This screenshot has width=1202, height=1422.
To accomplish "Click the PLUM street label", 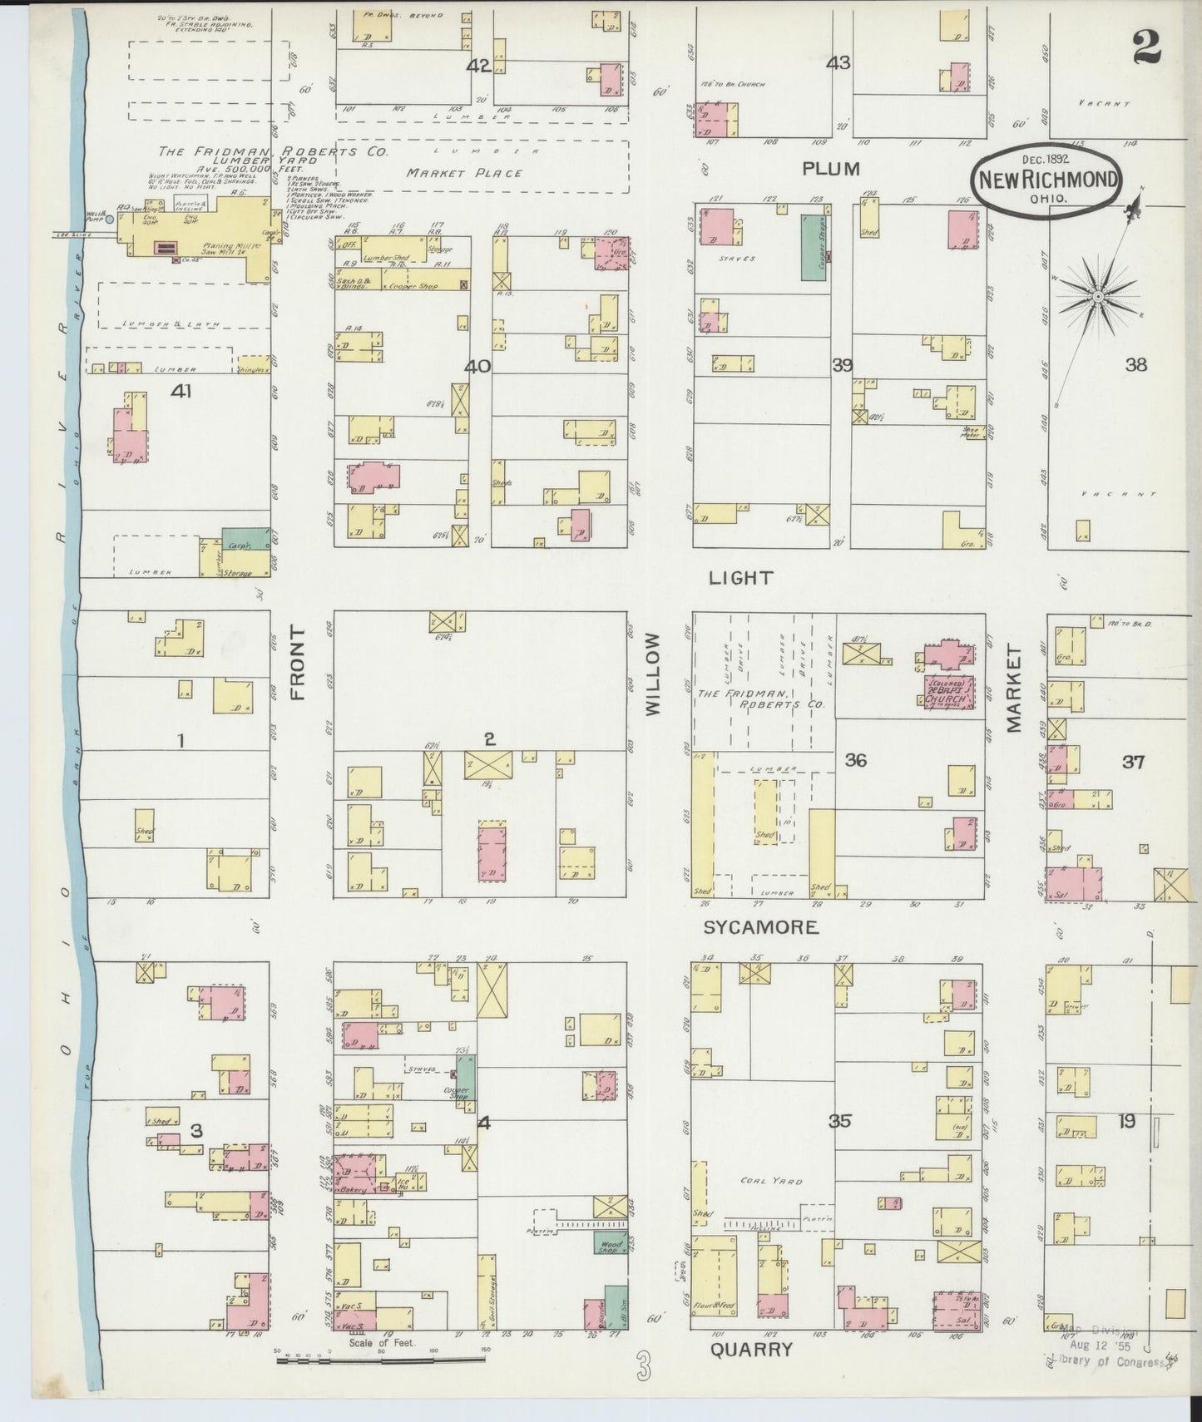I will click(829, 169).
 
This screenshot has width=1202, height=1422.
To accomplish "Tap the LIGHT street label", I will click(740, 577).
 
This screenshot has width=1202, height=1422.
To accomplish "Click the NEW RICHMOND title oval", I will click(1047, 180).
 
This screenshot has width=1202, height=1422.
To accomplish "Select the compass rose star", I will click(1098, 296).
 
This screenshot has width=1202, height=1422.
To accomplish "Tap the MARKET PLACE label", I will click(464, 173).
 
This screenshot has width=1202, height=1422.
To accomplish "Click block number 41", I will click(181, 389).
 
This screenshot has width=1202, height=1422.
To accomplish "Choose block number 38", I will click(1135, 364).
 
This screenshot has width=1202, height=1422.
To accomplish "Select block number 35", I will click(839, 1121).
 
